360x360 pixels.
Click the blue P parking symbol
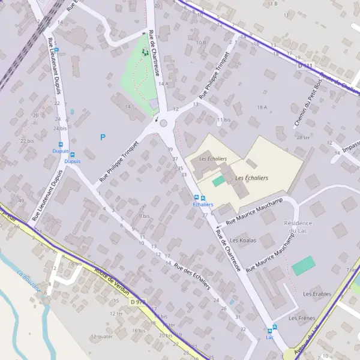(103, 137)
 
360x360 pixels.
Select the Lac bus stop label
(269, 337)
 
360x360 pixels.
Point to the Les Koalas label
(244, 241)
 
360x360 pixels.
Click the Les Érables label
(317, 294)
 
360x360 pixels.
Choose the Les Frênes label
(302, 317)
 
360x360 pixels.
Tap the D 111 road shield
(305, 65)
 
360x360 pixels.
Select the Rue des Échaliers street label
(191, 276)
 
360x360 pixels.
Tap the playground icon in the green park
(144, 52)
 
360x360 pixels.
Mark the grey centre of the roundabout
(163, 123)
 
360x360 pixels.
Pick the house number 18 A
(261, 107)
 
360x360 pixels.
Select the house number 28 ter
(303, 138)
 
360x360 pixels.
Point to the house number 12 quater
(101, 337)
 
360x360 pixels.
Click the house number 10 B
(201, 43)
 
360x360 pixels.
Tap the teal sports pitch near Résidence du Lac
(303, 265)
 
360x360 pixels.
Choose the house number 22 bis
(26, 140)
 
